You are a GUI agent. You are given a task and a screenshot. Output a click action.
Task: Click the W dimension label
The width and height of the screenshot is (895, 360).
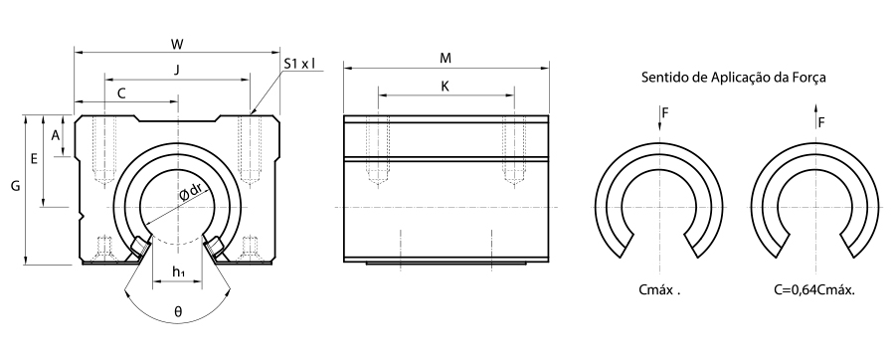click(x=178, y=44)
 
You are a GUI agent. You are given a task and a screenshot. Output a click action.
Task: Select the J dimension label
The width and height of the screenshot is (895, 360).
click(x=177, y=71)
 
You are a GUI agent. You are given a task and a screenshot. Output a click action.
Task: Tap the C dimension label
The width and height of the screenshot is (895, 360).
click(x=121, y=93)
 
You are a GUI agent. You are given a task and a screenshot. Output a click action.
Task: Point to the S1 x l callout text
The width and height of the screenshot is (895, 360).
click(x=299, y=64)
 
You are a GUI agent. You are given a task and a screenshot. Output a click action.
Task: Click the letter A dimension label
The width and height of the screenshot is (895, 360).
click(x=56, y=136)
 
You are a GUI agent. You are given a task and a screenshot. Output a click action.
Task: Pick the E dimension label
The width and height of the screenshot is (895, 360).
click(x=34, y=160)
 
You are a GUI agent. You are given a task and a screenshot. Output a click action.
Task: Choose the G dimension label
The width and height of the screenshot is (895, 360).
click(x=15, y=186)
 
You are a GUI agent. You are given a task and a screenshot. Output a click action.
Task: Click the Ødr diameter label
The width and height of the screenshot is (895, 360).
click(x=190, y=192)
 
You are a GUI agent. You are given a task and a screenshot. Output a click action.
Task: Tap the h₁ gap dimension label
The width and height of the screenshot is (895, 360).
click(x=178, y=272)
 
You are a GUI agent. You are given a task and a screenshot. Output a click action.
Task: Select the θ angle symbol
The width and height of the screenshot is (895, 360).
click(x=178, y=312)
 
